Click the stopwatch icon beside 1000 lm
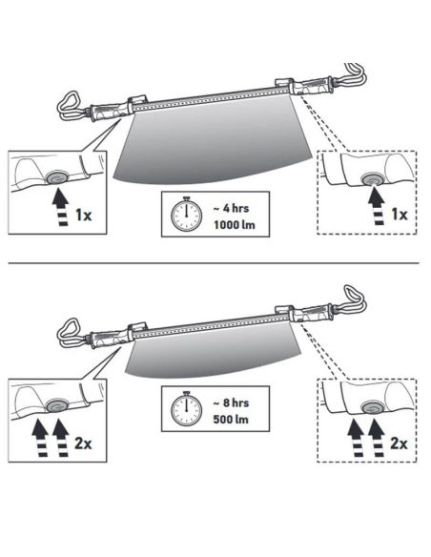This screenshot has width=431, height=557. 182,217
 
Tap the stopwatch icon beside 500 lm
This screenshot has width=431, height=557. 182,410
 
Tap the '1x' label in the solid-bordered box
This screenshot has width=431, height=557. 83,215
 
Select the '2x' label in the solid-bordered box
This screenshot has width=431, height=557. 83,444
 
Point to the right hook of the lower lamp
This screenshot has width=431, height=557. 354,301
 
